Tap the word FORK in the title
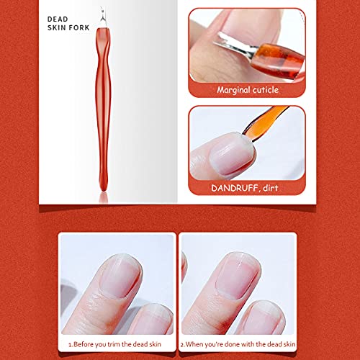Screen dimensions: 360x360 [x=79, y=28]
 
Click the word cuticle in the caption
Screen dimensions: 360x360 [x=266, y=90]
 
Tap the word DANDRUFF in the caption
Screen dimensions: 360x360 [x=235, y=188]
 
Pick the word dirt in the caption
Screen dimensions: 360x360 [x=271, y=188]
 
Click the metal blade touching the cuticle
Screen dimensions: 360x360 [x=234, y=45]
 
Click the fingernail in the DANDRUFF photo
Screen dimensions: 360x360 [x=231, y=153]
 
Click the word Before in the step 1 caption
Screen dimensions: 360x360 [x=84, y=344]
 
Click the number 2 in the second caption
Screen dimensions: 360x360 [x=182, y=345]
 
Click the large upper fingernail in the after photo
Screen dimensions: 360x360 [x=238, y=276]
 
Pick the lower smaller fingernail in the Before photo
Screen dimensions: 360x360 [x=153, y=319]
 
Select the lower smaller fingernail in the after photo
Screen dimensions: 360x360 [x=264, y=318]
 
